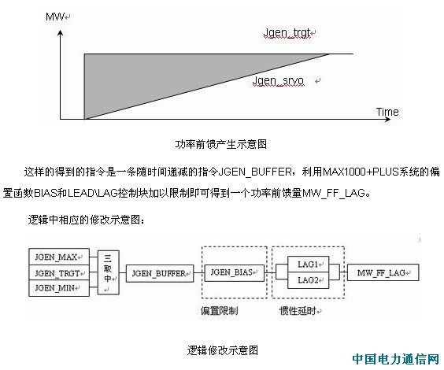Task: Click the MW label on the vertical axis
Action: (x=55, y=17)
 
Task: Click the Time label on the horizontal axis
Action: (x=387, y=112)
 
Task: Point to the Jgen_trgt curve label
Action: (x=287, y=33)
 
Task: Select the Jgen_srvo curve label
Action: (x=278, y=81)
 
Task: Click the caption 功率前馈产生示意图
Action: (x=221, y=144)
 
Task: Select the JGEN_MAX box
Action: (x=59, y=257)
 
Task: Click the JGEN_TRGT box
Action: (x=59, y=273)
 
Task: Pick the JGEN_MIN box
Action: (x=59, y=288)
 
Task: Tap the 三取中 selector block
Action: (x=108, y=272)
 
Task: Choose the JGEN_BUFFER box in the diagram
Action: (x=160, y=273)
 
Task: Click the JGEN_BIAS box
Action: (x=234, y=272)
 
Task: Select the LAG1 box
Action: (x=308, y=265)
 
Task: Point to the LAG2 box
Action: (x=308, y=280)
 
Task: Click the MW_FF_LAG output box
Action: (x=383, y=272)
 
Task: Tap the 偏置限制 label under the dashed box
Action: (x=219, y=311)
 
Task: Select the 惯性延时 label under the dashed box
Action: (x=298, y=311)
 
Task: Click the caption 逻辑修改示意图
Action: (x=223, y=350)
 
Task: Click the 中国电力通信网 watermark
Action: (x=396, y=359)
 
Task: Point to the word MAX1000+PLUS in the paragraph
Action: (x=361, y=172)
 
